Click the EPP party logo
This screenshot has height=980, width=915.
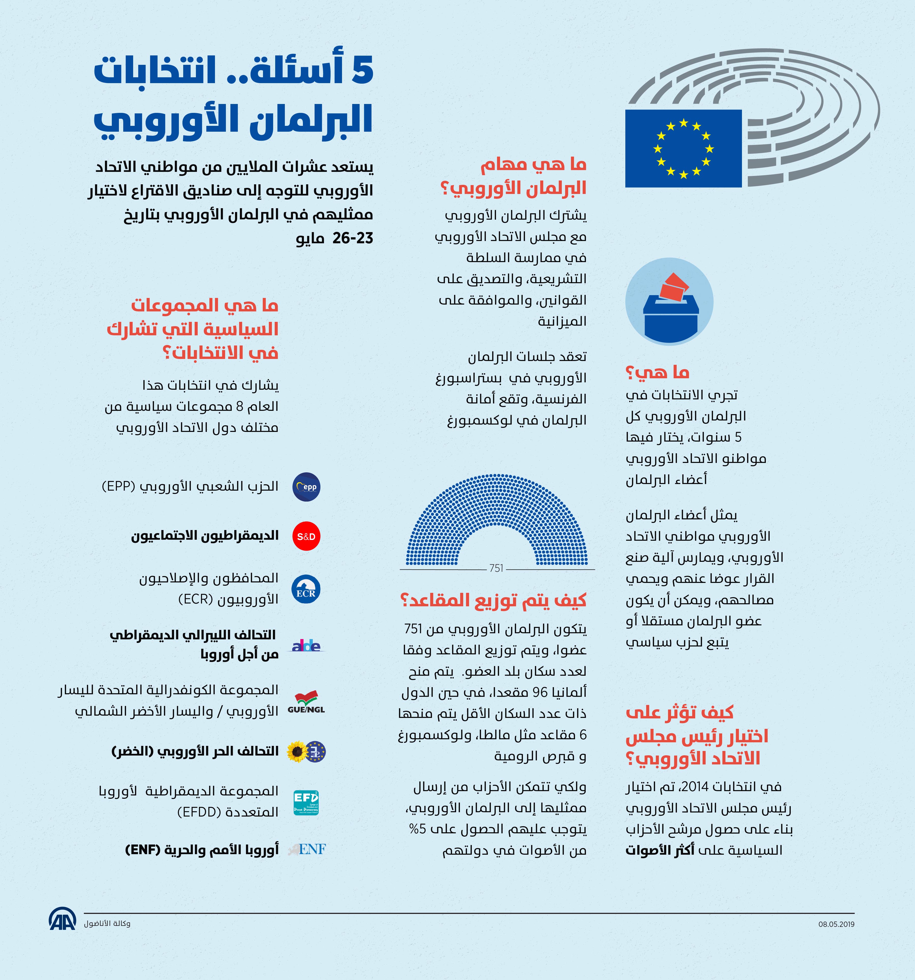pyautogui.click(x=306, y=487)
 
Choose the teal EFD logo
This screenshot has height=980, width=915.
pyautogui.click(x=306, y=803)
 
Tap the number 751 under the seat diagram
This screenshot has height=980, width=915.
pyautogui.click(x=496, y=568)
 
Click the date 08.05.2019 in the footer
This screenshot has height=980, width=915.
pyautogui.click(x=836, y=924)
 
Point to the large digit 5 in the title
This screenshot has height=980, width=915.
pyautogui.click(x=362, y=70)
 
